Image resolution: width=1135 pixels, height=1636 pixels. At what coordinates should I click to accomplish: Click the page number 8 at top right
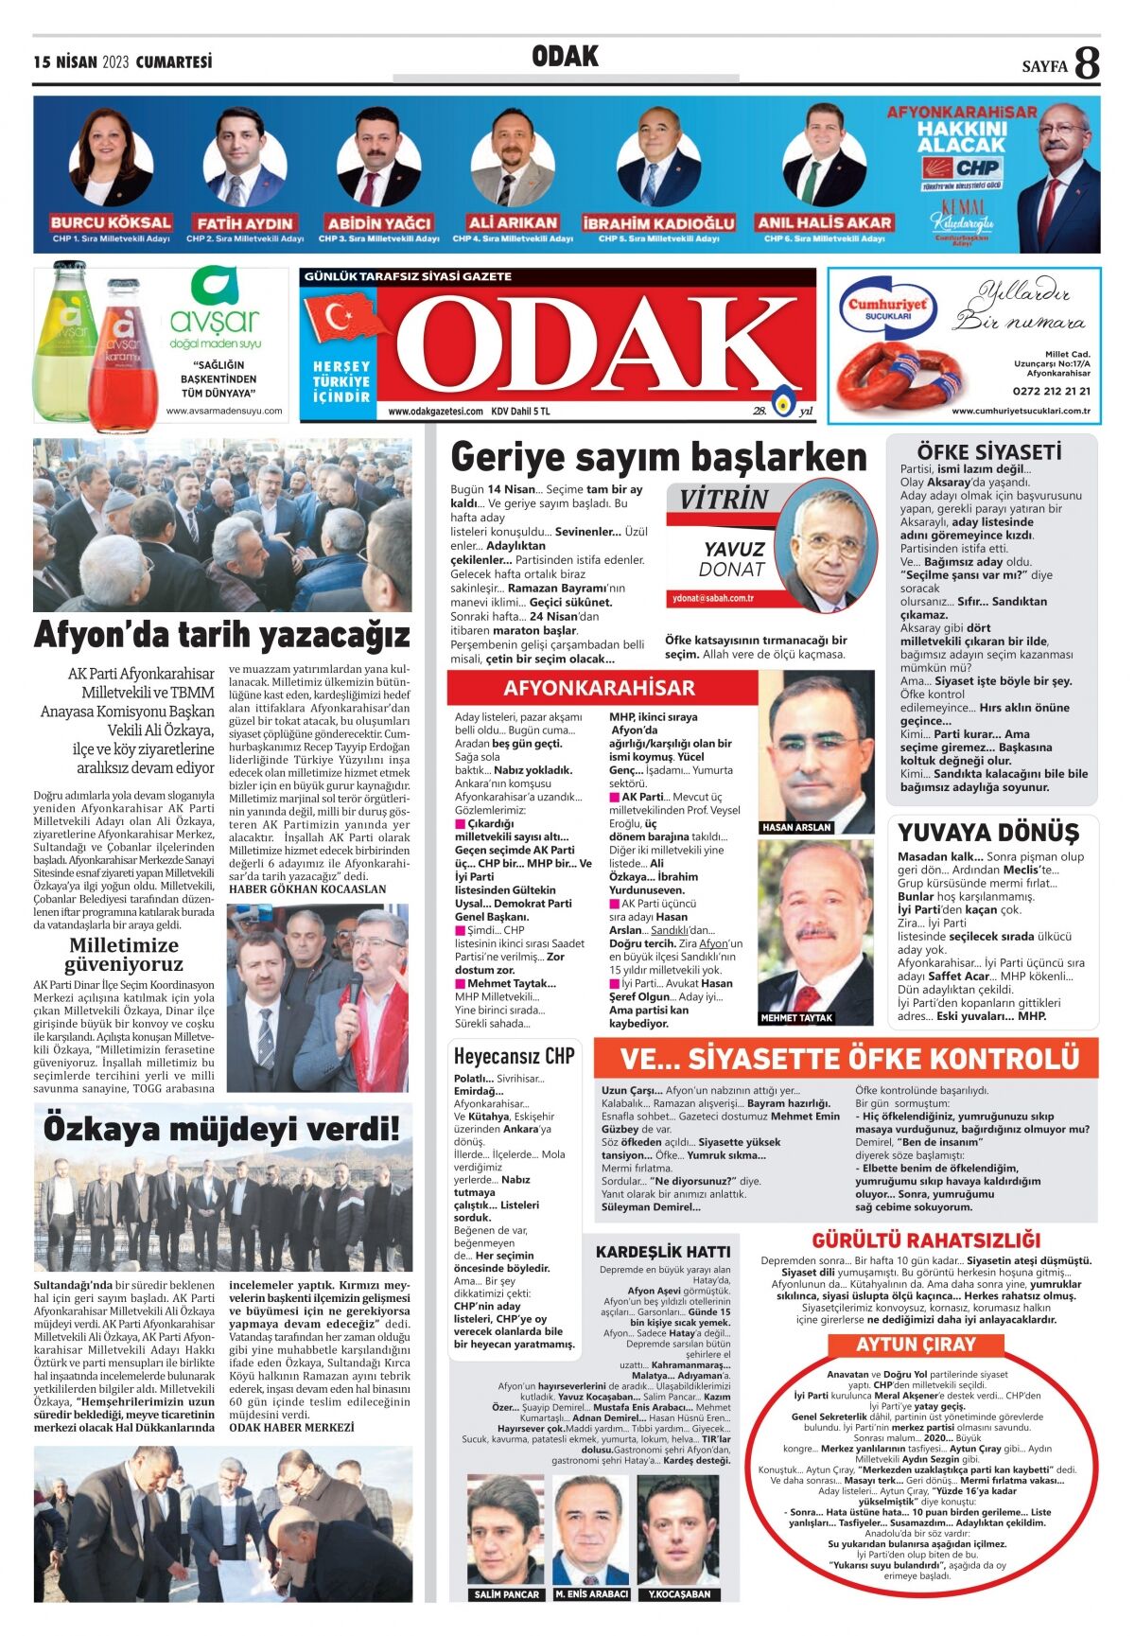[x=1087, y=63]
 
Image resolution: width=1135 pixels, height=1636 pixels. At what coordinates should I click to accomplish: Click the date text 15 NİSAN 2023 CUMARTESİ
[x=123, y=62]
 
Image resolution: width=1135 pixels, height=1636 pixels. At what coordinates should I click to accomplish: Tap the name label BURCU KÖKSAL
[x=111, y=223]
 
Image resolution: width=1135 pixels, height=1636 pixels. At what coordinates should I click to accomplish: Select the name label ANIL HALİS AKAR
[x=824, y=223]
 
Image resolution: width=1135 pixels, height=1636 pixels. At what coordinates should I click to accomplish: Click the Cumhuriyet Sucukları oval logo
[x=886, y=307]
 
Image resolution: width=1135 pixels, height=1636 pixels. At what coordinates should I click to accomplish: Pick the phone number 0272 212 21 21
[x=1051, y=391]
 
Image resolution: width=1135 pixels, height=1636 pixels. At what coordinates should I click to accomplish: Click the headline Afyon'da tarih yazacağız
[x=222, y=635]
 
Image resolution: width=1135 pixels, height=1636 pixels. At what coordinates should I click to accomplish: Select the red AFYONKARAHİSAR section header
[x=599, y=688]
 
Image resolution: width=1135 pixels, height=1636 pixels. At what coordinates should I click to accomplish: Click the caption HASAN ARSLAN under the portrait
[x=796, y=827]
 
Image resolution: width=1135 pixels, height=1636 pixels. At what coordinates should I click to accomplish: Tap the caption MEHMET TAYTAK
[x=796, y=1018]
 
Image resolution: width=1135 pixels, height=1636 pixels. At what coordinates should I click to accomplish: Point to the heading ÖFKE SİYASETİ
[x=988, y=452]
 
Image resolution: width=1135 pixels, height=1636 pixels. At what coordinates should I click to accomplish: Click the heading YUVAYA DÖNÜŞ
[x=988, y=833]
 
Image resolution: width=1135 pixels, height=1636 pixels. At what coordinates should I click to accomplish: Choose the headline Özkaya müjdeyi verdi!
[x=222, y=1129]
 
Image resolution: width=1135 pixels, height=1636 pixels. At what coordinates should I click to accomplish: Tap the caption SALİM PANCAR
[x=506, y=1594]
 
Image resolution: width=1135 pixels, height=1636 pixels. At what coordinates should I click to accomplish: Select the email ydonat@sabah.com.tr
[x=712, y=598]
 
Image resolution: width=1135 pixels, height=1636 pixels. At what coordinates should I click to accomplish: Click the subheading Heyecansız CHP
[x=514, y=1056]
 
